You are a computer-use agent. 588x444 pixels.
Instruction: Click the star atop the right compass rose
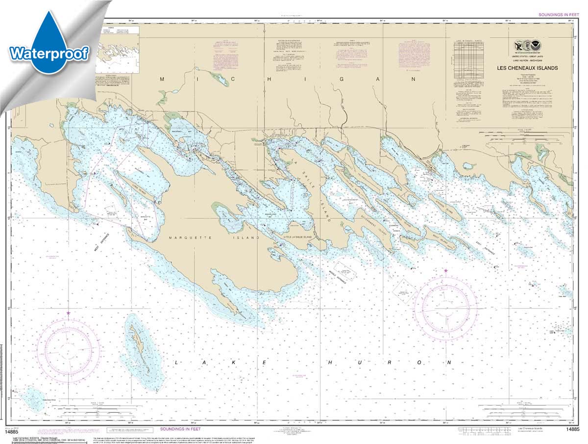click(x=446, y=270)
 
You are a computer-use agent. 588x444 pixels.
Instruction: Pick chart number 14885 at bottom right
click(x=573, y=430)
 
